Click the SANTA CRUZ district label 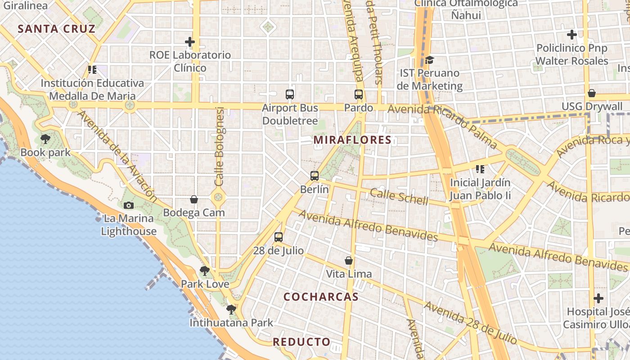(x=56, y=29)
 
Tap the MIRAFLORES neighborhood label (x=352, y=140)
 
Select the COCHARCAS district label (x=321, y=297)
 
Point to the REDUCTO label (x=301, y=342)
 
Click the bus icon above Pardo (x=359, y=94)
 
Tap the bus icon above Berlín (x=315, y=176)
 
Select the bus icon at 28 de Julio (x=279, y=237)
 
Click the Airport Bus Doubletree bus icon (x=290, y=94)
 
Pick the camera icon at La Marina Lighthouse (x=129, y=205)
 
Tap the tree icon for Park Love (x=205, y=271)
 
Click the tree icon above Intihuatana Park (x=231, y=310)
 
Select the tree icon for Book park (x=45, y=139)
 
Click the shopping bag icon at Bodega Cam (x=194, y=199)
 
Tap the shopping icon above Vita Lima (x=349, y=261)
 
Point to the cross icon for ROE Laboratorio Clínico (x=190, y=42)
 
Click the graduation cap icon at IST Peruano (x=429, y=60)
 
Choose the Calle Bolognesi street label (x=219, y=146)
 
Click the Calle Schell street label (x=399, y=197)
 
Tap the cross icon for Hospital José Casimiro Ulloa (x=598, y=298)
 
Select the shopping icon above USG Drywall (x=592, y=93)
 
